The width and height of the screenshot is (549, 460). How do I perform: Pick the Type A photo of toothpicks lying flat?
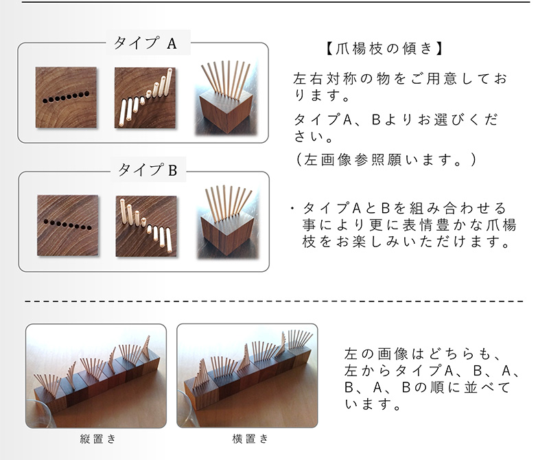point(144,98)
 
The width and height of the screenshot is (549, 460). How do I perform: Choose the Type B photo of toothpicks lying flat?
point(145,226)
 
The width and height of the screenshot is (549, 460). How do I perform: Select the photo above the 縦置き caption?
point(96,375)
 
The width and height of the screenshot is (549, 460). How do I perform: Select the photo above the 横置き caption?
point(247,375)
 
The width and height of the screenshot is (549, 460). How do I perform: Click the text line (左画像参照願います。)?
point(384,159)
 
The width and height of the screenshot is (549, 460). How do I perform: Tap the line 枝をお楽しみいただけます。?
point(409,242)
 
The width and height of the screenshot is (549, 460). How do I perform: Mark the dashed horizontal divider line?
point(274,301)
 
